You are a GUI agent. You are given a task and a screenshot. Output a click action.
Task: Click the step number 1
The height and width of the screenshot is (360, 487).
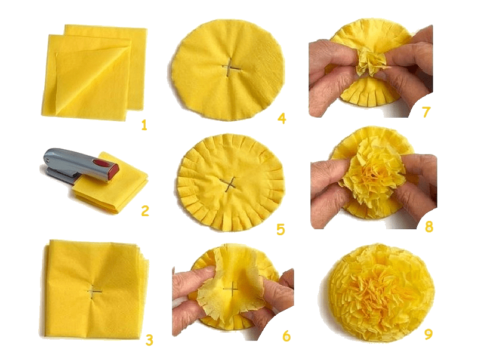pos(144,125)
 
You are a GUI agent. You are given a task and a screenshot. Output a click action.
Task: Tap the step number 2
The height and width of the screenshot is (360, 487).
pos(145,211)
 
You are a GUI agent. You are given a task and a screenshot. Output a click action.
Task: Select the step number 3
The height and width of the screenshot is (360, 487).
pos(149,340)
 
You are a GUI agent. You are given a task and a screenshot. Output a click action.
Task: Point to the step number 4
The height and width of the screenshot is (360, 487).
pos(282,118)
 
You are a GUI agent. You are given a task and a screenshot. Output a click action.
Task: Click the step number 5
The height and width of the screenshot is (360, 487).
pos(281,229)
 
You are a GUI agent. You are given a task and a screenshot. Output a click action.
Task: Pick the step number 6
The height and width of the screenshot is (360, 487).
pos(286,336)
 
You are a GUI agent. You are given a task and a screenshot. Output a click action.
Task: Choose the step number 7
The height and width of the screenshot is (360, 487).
pos(427,112)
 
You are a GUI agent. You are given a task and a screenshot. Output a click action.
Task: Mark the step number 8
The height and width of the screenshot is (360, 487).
pos(429,227)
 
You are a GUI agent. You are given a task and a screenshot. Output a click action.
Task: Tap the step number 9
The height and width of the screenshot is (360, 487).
pos(428,334)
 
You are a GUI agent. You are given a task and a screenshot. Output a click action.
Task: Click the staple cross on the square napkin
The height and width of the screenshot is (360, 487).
pos(94,292)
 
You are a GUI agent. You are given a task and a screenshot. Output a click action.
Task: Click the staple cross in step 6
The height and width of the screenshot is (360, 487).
pos(230,290)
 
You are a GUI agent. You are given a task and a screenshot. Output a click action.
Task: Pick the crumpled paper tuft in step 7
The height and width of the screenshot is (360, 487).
pos(370,63)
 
